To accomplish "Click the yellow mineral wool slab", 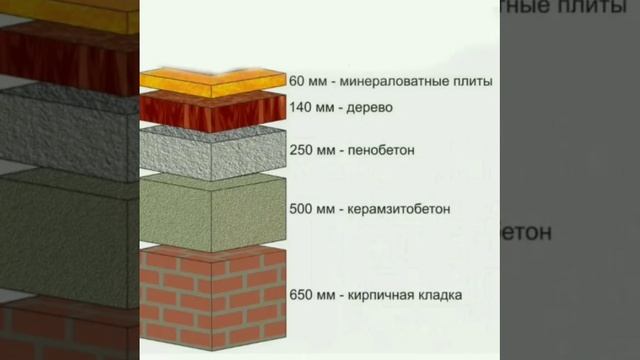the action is click(212, 79).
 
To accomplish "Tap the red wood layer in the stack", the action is click(212, 108).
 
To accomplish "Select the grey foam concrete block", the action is click(212, 151).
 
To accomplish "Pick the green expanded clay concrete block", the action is click(212, 209).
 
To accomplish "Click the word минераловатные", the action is click(396, 80).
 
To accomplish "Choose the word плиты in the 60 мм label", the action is click(470, 80).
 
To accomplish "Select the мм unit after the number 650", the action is click(327, 296).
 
